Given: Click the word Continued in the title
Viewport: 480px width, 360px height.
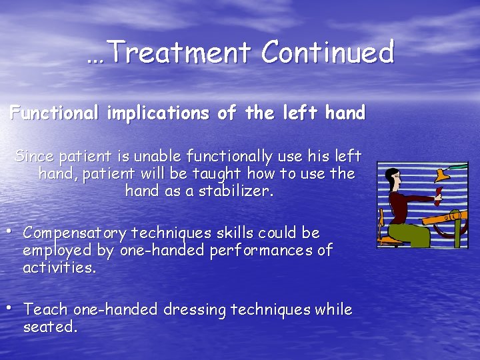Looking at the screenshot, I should [327, 52].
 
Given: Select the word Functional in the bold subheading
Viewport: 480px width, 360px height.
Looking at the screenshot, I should [54, 113].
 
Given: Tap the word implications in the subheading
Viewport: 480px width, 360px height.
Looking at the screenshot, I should [157, 114].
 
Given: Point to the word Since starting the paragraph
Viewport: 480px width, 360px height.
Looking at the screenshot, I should [35, 157].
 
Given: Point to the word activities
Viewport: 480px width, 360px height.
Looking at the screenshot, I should [59, 268].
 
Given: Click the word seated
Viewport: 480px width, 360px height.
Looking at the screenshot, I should [50, 327].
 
